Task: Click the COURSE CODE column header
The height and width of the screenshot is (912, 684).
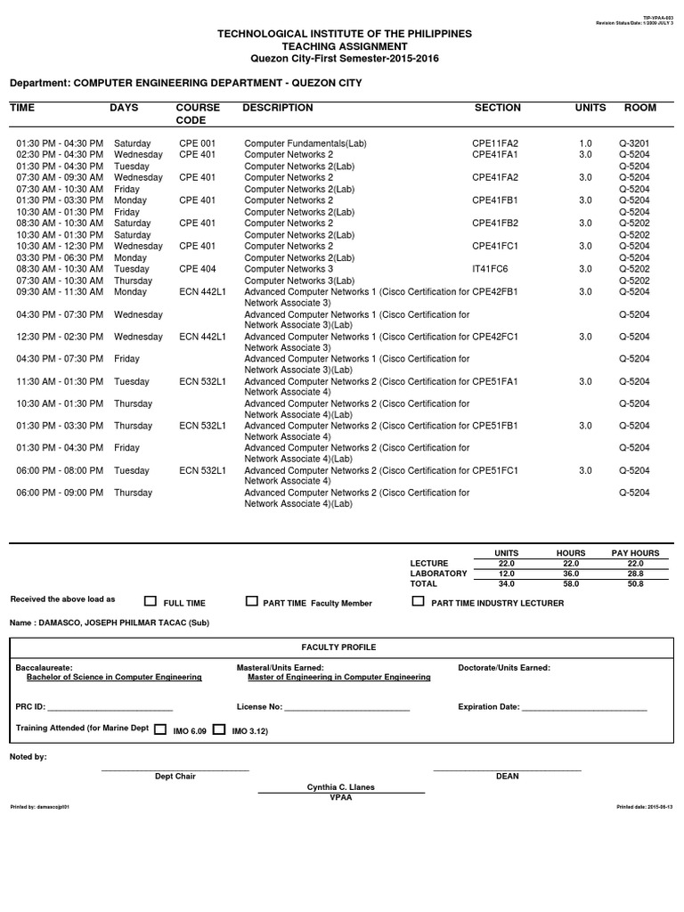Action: (x=198, y=114)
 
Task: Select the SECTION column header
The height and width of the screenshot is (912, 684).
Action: (x=498, y=108)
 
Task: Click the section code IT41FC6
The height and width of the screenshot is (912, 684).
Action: (x=490, y=269)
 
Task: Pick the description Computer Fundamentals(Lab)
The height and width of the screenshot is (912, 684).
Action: (x=305, y=143)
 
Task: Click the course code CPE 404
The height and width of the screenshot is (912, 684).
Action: (x=197, y=269)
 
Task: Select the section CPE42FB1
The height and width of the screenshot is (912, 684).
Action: (x=495, y=291)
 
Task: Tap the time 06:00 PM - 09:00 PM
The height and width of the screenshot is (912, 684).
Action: (x=60, y=493)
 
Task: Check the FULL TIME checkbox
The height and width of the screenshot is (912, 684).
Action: (x=150, y=601)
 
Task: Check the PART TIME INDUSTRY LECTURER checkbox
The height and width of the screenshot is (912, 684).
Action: (x=418, y=601)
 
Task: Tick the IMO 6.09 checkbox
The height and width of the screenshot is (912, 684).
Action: (x=160, y=729)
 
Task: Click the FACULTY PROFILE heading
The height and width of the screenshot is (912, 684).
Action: (x=338, y=647)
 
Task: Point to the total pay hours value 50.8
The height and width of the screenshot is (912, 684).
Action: (x=634, y=583)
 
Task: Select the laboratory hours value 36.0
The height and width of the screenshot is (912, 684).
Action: (x=571, y=574)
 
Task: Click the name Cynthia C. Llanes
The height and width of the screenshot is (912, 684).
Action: (x=340, y=787)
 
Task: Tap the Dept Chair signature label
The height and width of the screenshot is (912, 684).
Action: (x=175, y=777)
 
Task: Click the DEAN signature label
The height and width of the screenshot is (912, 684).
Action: (x=507, y=777)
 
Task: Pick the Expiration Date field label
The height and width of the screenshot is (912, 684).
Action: (x=488, y=707)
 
